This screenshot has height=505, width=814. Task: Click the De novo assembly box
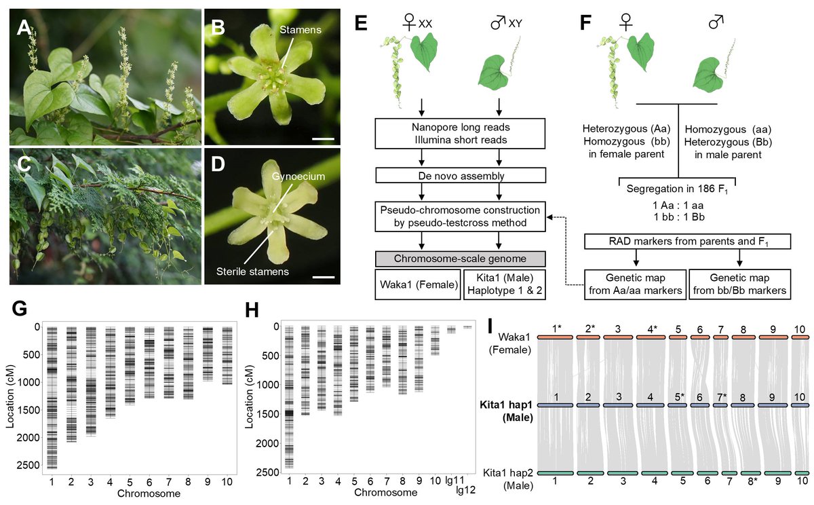click(x=460, y=175)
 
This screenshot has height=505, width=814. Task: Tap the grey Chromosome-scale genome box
click(x=460, y=259)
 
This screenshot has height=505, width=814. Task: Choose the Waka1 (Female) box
click(x=417, y=284)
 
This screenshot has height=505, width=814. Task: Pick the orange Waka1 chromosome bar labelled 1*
click(x=556, y=337)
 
